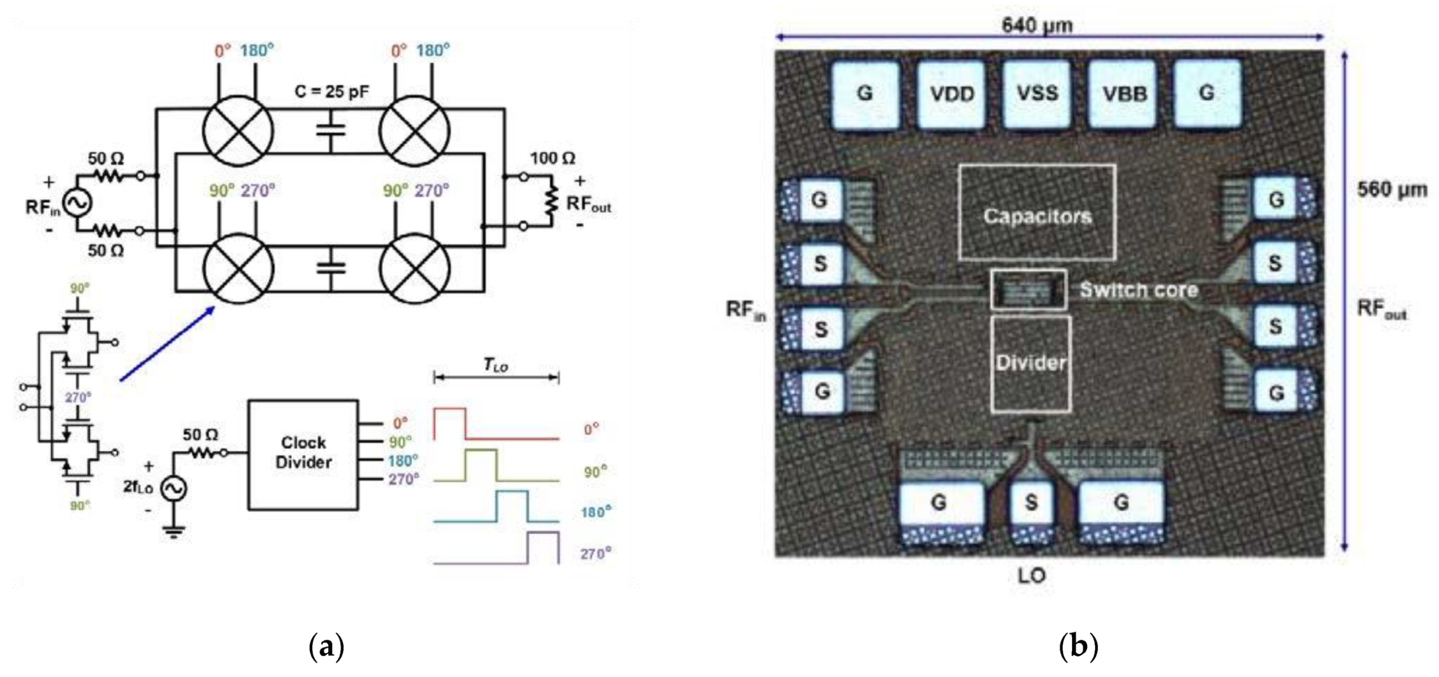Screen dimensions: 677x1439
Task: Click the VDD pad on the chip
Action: [x=951, y=94]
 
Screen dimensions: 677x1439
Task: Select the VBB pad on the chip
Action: [x=1123, y=94]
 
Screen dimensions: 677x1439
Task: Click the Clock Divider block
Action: [x=303, y=454]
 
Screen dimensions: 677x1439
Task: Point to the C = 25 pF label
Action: [x=332, y=91]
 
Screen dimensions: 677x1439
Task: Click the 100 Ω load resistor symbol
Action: [x=551, y=202]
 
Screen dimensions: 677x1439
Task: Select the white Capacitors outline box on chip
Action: [x=1037, y=212]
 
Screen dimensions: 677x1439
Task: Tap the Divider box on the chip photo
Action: [x=1031, y=364]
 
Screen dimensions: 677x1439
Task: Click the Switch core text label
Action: [x=1138, y=290]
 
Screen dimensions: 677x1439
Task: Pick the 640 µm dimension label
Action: [x=1037, y=25]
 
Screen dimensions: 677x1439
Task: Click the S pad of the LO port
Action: [x=1031, y=504]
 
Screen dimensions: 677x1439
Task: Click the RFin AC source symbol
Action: [x=77, y=203]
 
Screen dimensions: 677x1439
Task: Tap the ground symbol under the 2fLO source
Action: [x=174, y=531]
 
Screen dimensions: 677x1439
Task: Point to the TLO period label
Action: [x=496, y=365]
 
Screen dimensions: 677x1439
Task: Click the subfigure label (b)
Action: [x=1078, y=647]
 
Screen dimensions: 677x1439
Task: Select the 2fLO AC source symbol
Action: [x=174, y=489]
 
